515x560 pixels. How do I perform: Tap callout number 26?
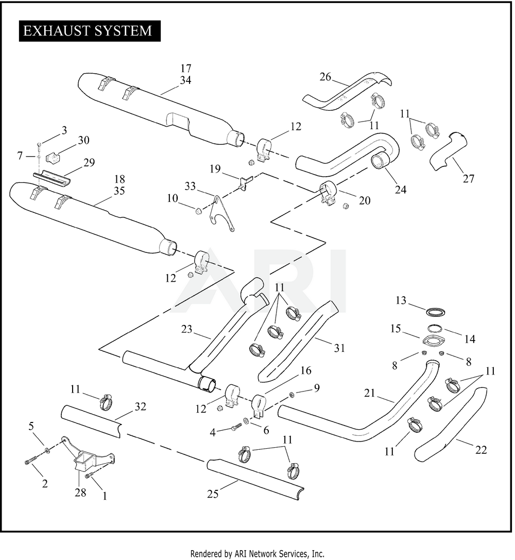[325, 77]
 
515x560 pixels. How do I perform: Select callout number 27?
[468, 178]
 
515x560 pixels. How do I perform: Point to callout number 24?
[401, 190]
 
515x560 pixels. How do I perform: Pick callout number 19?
[215, 168]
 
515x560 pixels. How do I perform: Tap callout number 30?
[83, 140]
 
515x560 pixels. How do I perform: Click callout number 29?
[89, 162]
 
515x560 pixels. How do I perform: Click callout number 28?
[80, 493]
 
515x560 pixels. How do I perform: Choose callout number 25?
[213, 494]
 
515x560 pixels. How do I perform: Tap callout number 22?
[480, 450]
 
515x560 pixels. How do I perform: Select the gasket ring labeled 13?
[436, 312]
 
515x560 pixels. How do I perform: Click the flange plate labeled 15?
[433, 341]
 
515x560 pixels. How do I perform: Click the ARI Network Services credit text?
[257, 554]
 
